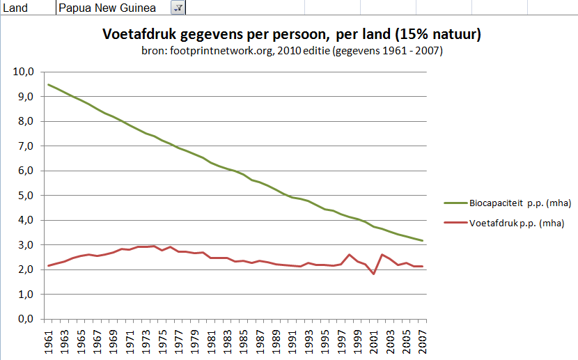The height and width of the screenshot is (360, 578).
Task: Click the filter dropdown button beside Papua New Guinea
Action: click(178, 8)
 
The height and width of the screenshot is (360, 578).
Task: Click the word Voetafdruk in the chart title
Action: click(134, 34)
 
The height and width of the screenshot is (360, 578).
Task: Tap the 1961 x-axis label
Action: click(49, 341)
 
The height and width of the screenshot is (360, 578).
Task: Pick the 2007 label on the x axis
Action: click(422, 341)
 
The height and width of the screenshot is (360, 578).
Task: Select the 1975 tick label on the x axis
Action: click(162, 341)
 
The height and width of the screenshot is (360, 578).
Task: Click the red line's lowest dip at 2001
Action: click(373, 274)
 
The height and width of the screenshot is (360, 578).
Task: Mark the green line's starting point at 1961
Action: click(48, 84)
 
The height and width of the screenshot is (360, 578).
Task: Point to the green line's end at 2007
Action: click(422, 241)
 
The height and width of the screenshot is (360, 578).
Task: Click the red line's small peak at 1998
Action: click(349, 255)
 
